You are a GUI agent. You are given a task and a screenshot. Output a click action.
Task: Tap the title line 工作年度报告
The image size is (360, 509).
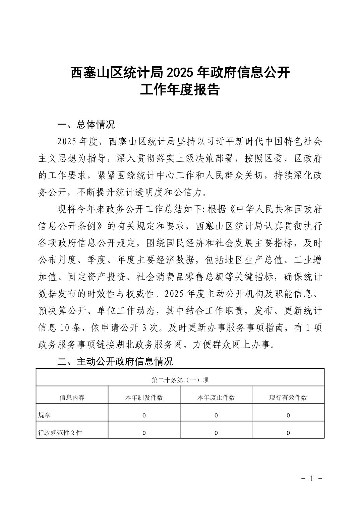coord(180,90)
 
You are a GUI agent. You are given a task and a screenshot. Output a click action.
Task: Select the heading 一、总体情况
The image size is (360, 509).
coord(86,125)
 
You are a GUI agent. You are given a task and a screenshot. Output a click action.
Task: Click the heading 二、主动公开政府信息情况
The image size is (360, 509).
coord(115,361)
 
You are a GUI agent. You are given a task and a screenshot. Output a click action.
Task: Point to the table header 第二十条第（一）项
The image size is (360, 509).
coord(180,380)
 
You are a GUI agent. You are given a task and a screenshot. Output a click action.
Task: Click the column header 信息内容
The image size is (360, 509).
coord(72,397)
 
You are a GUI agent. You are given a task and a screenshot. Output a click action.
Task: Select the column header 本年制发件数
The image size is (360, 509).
coord(144,397)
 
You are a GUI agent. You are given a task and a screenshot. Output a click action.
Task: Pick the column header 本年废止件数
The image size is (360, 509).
coord(216,397)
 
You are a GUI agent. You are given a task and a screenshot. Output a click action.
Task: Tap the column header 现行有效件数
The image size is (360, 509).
coord(288,397)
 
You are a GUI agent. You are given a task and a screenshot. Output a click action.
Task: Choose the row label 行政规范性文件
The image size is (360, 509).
coord(60,433)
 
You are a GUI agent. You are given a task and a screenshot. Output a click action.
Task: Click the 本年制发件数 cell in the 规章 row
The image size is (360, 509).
coord(144,416)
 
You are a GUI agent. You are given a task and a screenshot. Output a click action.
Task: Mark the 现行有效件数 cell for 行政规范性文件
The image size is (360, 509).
coord(288,433)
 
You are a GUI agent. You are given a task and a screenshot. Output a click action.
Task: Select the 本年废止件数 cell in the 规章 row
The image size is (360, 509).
coord(216,416)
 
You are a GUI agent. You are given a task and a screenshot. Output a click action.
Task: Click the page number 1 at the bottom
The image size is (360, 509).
coord(311,479)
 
